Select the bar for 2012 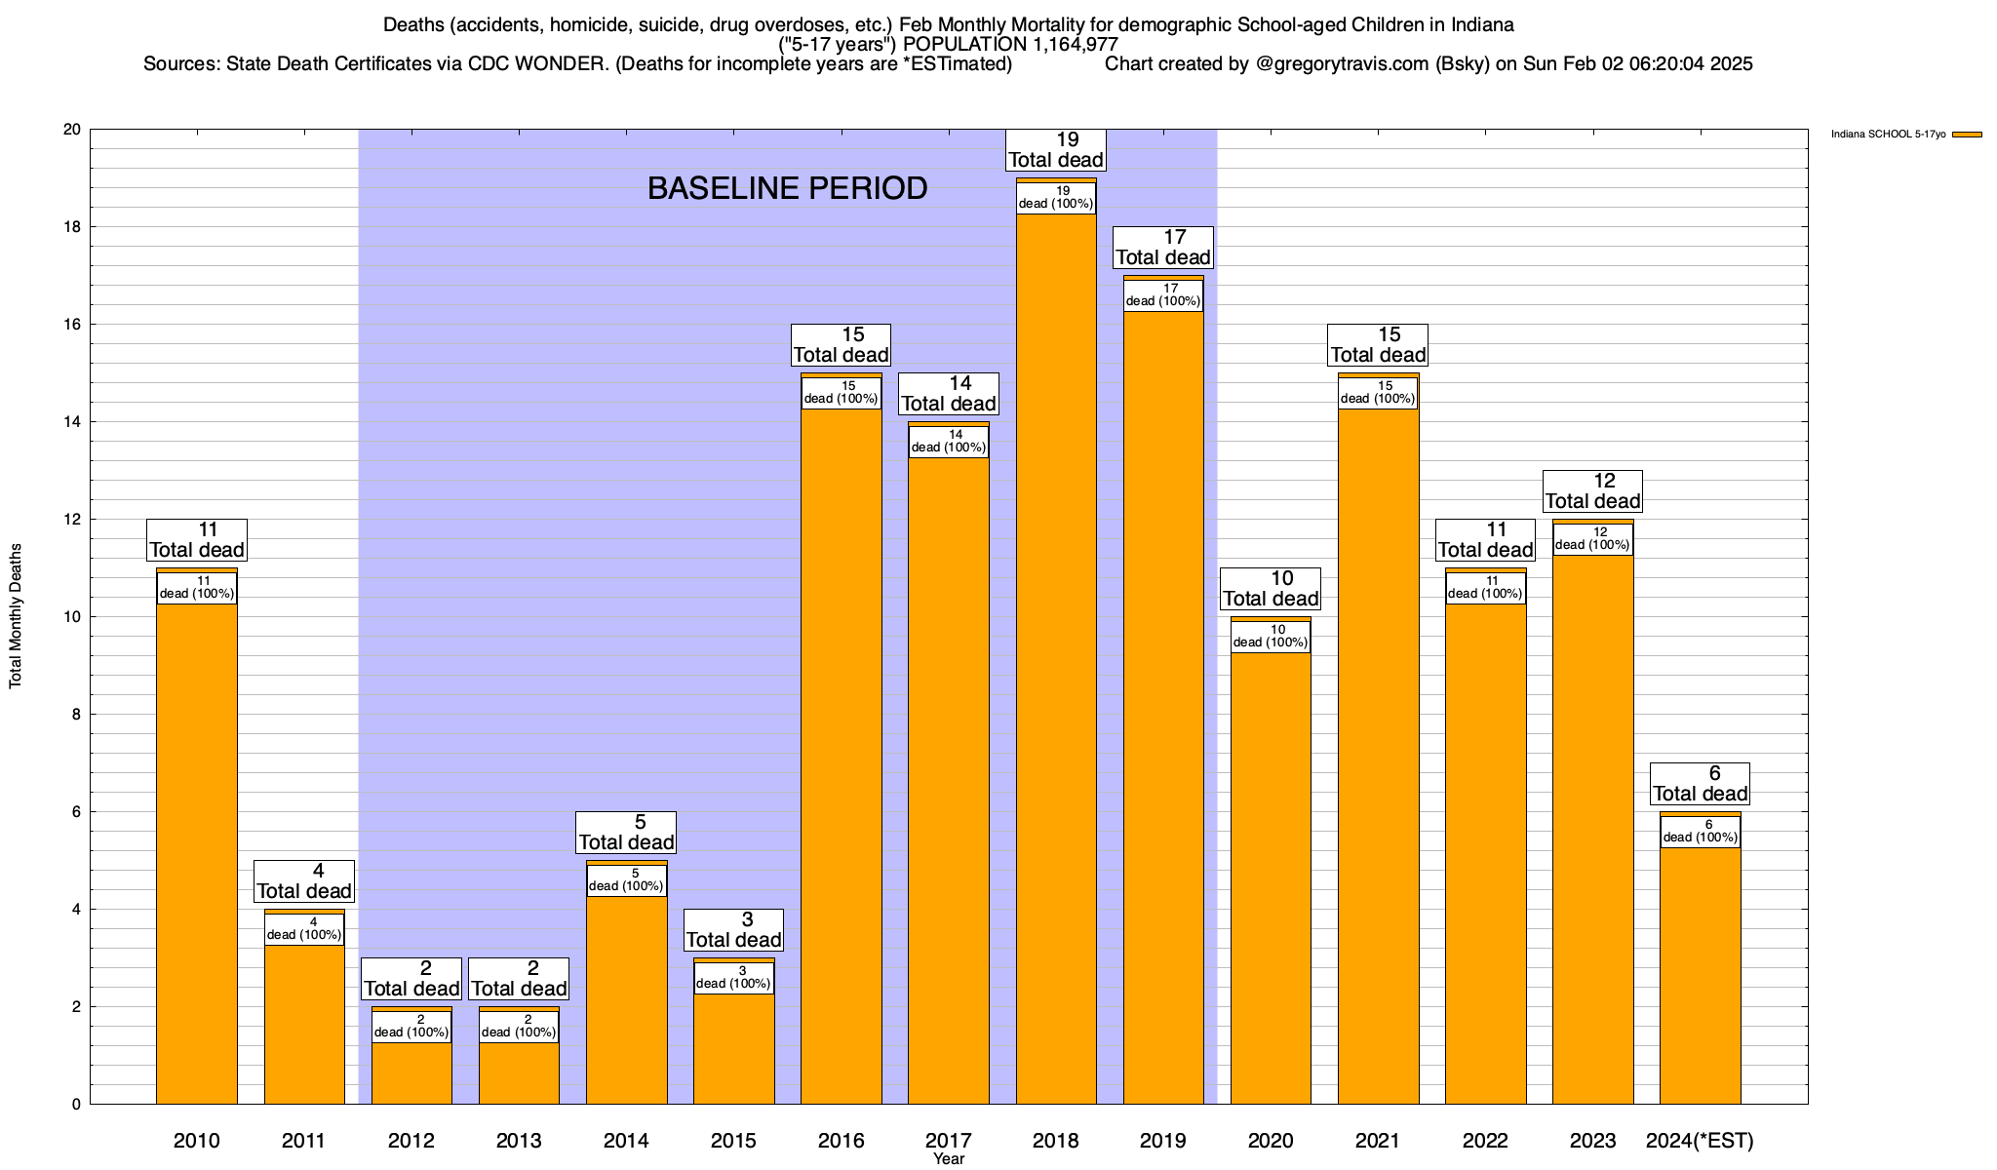(x=411, y=1072)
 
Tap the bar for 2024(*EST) (x=1700, y=975)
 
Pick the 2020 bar (x=1271, y=877)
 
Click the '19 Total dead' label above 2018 (x=1056, y=150)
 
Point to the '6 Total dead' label (x=1700, y=784)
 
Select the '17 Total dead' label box (x=1163, y=248)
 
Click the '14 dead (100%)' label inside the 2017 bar (x=949, y=442)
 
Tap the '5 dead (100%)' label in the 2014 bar (x=626, y=880)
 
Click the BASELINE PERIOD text (x=787, y=188)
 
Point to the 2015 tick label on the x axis (x=733, y=1141)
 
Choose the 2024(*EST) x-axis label (x=1700, y=1141)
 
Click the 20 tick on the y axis (x=72, y=130)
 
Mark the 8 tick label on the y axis (x=76, y=715)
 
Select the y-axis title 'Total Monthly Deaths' (x=16, y=616)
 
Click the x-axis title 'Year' (x=948, y=1159)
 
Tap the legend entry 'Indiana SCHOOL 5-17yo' (x=1888, y=135)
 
